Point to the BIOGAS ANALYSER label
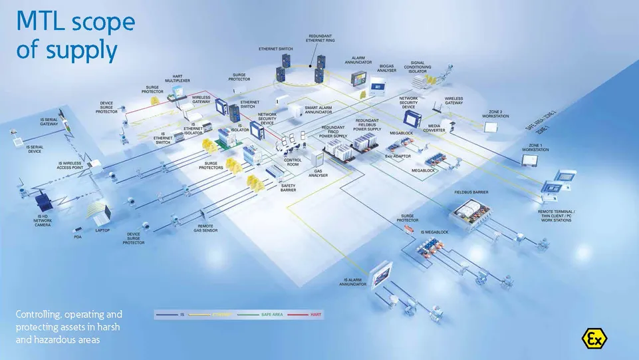[x=388, y=68]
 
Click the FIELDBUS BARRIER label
[x=471, y=192]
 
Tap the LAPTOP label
[x=102, y=230]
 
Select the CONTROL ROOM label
[x=293, y=162]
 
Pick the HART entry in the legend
[x=317, y=313]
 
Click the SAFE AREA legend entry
[x=272, y=313]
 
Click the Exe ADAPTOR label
[x=398, y=156]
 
